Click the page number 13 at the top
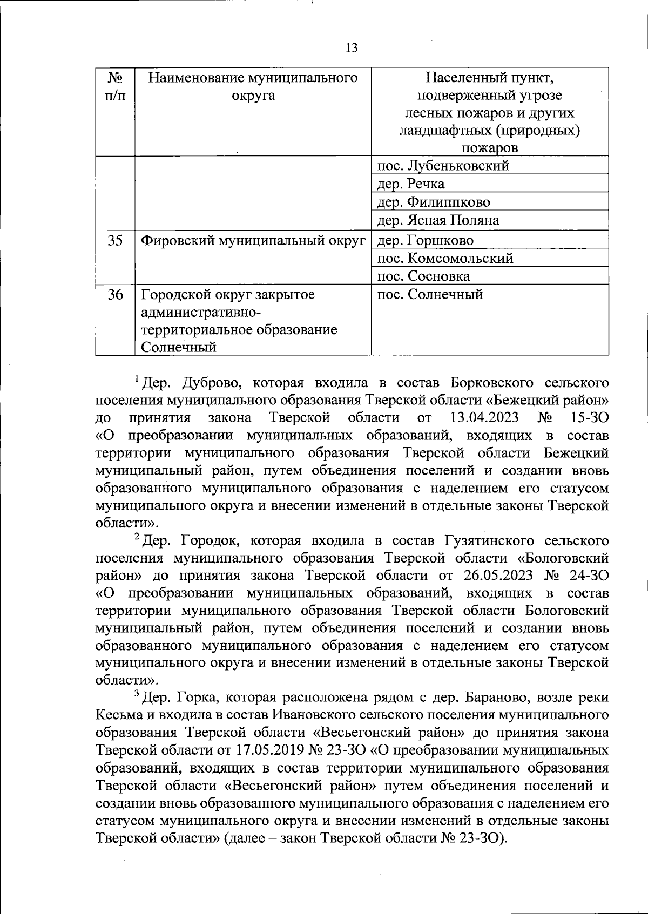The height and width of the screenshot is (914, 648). point(351,48)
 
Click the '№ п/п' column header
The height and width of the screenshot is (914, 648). point(114,87)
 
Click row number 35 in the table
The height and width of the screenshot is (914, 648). point(114,240)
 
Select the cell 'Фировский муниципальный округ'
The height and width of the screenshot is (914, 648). point(253,240)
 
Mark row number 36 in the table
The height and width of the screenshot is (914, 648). point(114,295)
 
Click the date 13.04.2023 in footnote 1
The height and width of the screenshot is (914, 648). point(484,418)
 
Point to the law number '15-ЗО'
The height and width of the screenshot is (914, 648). point(589,418)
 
